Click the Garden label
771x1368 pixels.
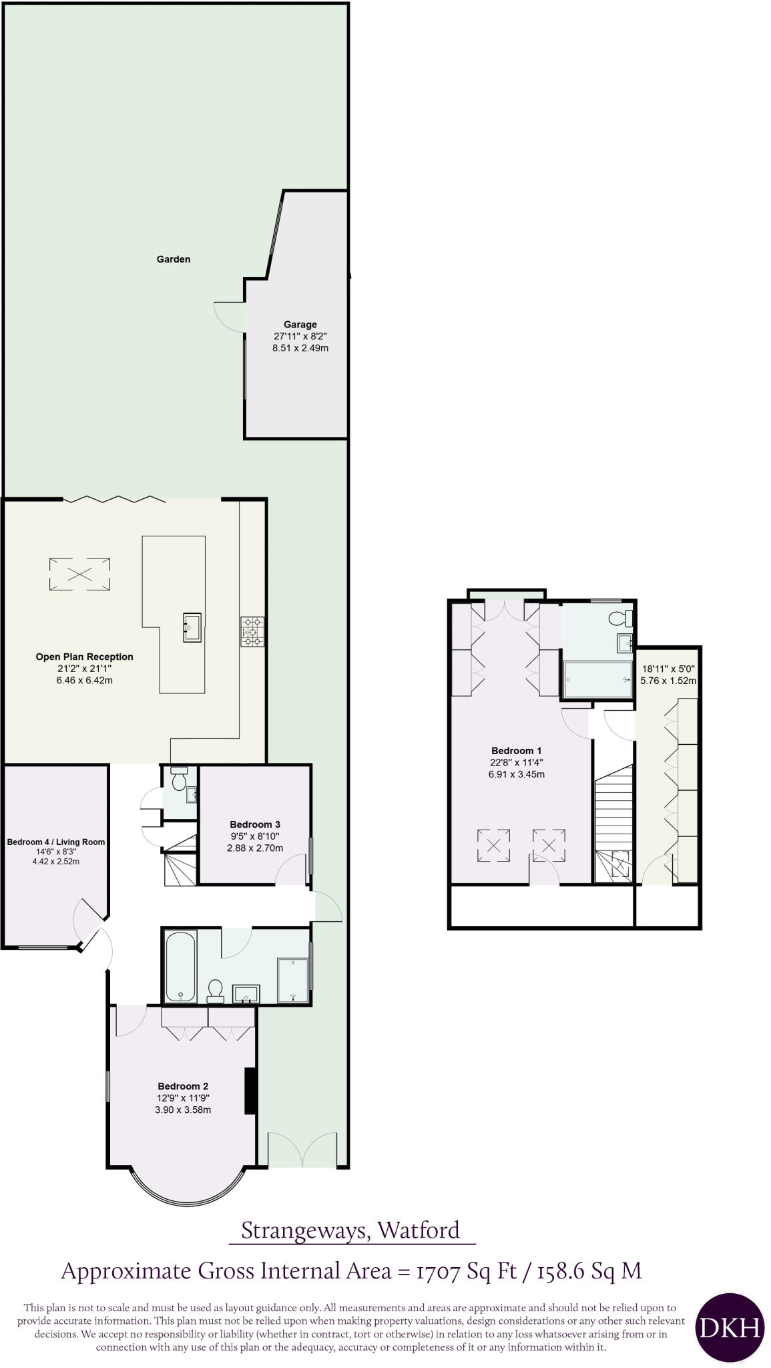(x=173, y=259)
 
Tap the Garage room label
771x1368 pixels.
(x=300, y=325)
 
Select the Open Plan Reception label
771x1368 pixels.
(x=85, y=657)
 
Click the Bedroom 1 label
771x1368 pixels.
(x=517, y=751)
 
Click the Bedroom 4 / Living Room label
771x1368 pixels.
(x=56, y=842)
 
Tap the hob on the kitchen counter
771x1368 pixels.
(x=253, y=631)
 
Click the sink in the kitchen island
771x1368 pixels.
(x=192, y=627)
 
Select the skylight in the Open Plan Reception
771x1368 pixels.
(x=79, y=574)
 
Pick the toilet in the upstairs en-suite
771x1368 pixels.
(x=619, y=617)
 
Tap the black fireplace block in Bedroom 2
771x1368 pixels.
(x=250, y=1091)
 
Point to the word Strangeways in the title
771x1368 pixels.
(x=304, y=1230)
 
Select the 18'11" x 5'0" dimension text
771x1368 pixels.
(x=668, y=668)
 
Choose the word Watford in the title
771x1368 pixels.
(x=419, y=1230)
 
